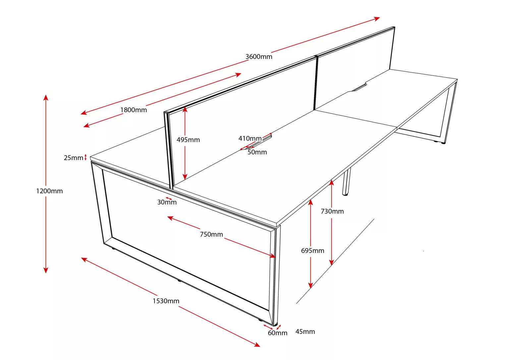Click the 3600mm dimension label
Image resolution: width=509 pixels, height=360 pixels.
click(x=259, y=57)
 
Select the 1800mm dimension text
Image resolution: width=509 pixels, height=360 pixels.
click(x=134, y=110)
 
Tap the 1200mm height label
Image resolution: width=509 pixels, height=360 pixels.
click(x=49, y=191)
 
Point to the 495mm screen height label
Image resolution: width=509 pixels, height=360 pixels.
click(x=188, y=140)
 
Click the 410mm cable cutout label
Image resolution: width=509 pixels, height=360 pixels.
click(x=250, y=139)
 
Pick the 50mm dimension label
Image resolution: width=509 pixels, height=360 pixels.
click(x=257, y=152)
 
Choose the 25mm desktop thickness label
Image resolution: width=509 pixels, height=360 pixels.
click(x=73, y=158)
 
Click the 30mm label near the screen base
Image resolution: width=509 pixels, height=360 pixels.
click(x=167, y=202)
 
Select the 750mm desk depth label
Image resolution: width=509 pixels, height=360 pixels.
click(x=211, y=234)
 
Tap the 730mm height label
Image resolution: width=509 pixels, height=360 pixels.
click(x=332, y=211)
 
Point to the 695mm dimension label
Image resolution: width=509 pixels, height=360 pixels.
click(x=312, y=251)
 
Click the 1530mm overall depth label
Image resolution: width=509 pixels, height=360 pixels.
click(x=166, y=301)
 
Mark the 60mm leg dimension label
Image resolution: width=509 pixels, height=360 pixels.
click(x=277, y=333)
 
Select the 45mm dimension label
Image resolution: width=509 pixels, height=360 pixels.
click(x=305, y=331)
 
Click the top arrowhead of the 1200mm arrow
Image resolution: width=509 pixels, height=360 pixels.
click(x=46, y=97)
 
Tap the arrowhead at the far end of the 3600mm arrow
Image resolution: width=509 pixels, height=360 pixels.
click(x=377, y=19)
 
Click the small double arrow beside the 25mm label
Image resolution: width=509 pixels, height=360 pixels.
click(x=86, y=157)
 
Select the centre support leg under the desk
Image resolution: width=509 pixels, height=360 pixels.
click(x=346, y=182)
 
